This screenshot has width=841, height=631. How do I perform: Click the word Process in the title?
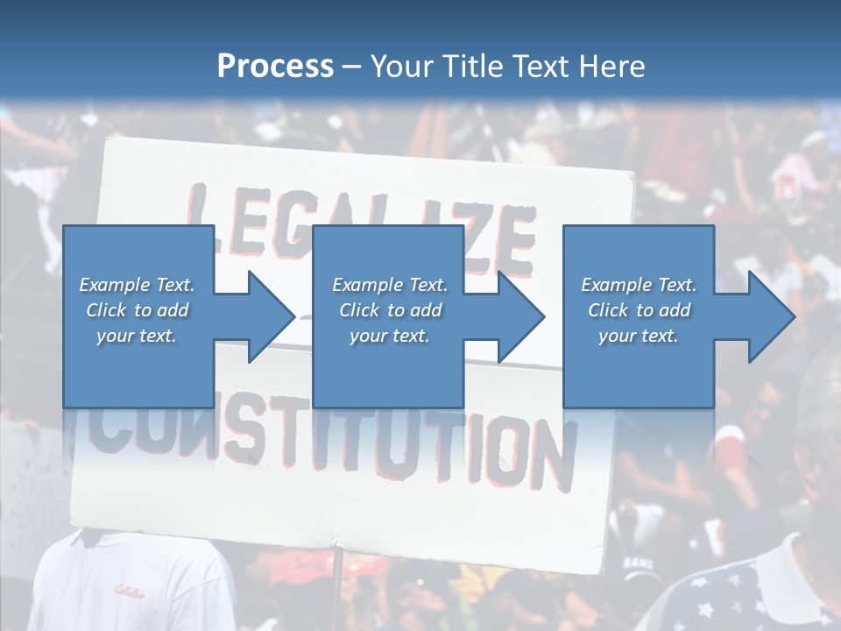tap(275, 66)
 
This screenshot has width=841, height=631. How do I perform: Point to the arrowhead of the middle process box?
tap(520, 316)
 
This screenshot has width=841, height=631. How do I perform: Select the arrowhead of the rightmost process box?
tap(771, 316)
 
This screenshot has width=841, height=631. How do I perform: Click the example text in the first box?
tap(138, 310)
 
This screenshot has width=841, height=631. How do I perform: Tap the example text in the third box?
tap(639, 310)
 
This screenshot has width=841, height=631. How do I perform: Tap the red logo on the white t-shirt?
tap(128, 590)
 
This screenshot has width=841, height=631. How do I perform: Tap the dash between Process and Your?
tap(352, 67)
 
